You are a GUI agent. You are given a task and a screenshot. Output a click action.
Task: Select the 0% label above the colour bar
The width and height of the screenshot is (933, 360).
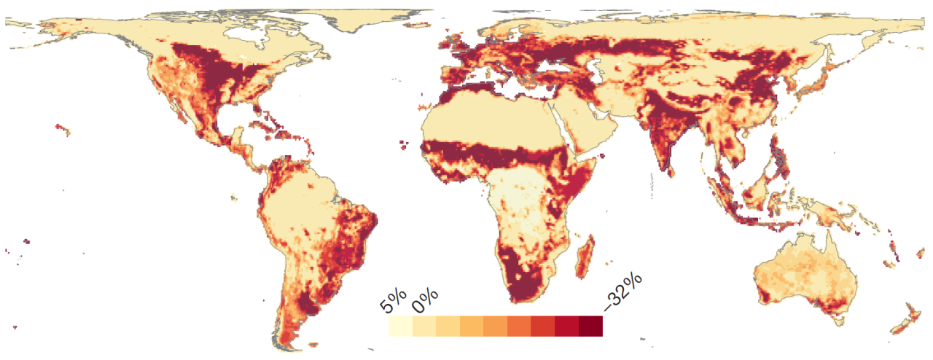pyautogui.click(x=425, y=300)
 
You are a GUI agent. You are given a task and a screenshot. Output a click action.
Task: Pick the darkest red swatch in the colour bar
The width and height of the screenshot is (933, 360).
pyautogui.click(x=591, y=326)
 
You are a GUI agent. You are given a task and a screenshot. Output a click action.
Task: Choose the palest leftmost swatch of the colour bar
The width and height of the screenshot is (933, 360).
pyautogui.click(x=400, y=326)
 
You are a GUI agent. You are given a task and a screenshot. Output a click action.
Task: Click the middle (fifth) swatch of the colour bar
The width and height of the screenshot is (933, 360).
pyautogui.click(x=495, y=326)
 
